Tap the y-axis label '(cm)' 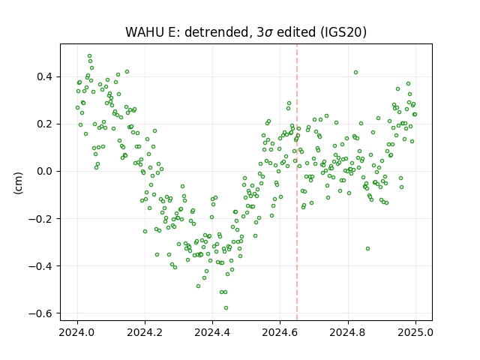(18, 183)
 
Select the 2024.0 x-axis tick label (77, 332)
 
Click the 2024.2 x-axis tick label (145, 332)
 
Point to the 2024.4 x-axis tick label (212, 332)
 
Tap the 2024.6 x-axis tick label (280, 332)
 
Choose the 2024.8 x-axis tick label (348, 332)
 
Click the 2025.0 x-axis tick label (415, 332)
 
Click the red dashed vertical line (297, 182)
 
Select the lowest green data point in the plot (226, 308)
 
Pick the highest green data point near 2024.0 (90, 56)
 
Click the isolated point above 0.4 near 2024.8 (355, 73)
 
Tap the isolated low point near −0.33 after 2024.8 (368, 248)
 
